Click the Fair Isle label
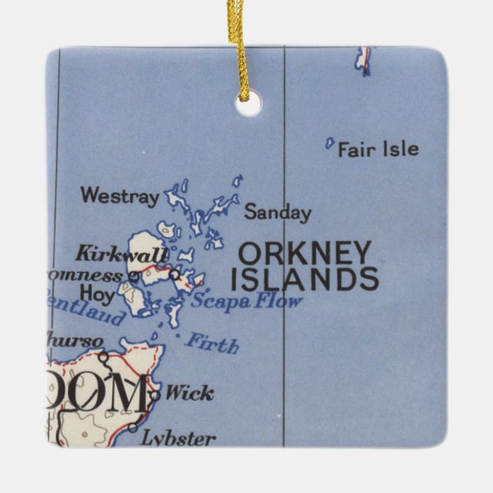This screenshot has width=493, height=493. (x=378, y=149)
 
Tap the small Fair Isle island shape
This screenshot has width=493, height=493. (x=329, y=142)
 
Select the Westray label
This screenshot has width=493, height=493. (x=119, y=196)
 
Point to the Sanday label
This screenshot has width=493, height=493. (x=277, y=213)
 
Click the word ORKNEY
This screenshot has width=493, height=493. (x=305, y=253)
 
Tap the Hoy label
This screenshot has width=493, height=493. (x=96, y=292)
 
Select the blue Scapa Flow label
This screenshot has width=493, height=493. (x=246, y=300)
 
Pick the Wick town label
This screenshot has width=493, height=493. (x=189, y=393)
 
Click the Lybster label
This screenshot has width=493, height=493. (x=178, y=439)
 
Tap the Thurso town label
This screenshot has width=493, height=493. (x=73, y=339)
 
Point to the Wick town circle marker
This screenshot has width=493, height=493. (x=155, y=394)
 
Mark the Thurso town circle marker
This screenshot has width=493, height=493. (x=103, y=356)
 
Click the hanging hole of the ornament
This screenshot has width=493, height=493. (x=248, y=104)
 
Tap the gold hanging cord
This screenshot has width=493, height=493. (x=237, y=38)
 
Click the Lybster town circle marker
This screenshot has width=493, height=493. (x=133, y=427)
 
